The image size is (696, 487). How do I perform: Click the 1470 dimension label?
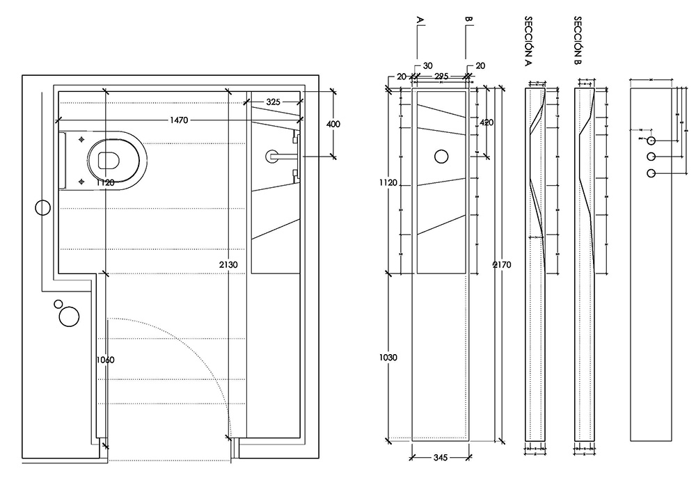pyautogui.click(x=178, y=120)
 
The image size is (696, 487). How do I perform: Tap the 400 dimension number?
pyautogui.click(x=333, y=124)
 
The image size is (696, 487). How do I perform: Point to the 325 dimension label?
pyautogui.click(x=273, y=102)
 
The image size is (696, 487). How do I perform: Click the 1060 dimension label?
pyautogui.click(x=105, y=360)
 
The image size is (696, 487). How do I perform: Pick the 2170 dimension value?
pyautogui.click(x=500, y=264)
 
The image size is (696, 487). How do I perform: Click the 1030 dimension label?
pyautogui.click(x=388, y=358)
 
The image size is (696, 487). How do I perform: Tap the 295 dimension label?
pyautogui.click(x=441, y=76)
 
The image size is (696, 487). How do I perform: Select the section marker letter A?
pyautogui.click(x=419, y=20)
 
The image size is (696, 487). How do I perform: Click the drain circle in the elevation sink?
pyautogui.click(x=441, y=157)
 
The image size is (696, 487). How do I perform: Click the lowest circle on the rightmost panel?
pyautogui.click(x=651, y=173)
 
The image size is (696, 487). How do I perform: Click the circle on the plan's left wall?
pyautogui.click(x=42, y=207)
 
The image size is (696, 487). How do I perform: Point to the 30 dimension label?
pyautogui.click(x=427, y=66)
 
